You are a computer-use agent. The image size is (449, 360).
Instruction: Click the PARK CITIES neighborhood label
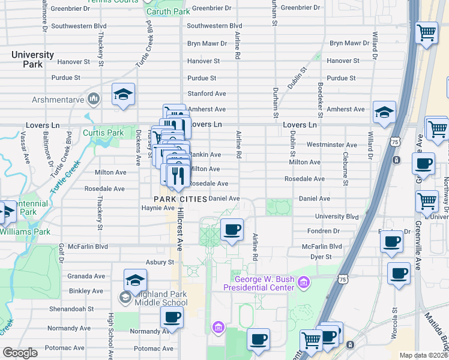(x=181, y=199)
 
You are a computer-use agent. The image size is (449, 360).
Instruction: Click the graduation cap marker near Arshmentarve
(x=123, y=94)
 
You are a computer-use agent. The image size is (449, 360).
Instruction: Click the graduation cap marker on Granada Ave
(x=136, y=280)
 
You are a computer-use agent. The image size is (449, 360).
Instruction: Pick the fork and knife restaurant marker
(x=176, y=175)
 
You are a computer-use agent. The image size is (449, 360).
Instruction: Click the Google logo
(x=20, y=353)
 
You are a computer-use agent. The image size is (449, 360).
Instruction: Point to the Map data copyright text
(x=423, y=355)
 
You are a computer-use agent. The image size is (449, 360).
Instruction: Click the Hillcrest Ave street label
(x=179, y=233)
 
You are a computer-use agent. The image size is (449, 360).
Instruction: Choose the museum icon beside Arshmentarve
(x=93, y=98)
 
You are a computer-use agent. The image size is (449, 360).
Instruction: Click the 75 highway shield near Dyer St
(x=342, y=279)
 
